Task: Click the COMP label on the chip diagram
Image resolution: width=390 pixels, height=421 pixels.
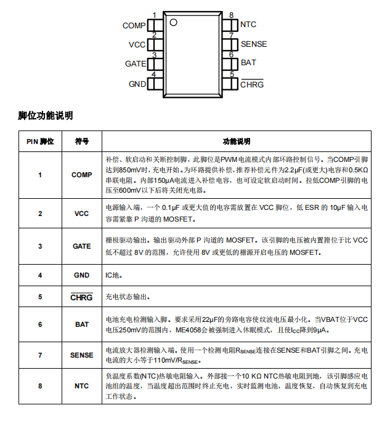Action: pyautogui.click(x=134, y=26)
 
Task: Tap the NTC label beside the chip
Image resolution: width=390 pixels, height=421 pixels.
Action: pyautogui.click(x=248, y=25)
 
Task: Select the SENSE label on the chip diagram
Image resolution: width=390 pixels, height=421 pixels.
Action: pyautogui.click(x=253, y=44)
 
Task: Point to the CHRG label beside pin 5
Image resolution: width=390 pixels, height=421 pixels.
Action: pyautogui.click(x=251, y=84)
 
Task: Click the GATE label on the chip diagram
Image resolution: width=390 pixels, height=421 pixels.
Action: pyautogui.click(x=136, y=64)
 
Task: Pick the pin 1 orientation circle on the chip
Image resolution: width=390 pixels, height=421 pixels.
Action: pyautogui.click(x=173, y=23)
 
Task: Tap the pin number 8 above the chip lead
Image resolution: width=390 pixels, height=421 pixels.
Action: pyautogui.click(x=231, y=15)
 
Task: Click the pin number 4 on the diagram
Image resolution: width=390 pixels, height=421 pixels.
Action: pyautogui.click(x=154, y=74)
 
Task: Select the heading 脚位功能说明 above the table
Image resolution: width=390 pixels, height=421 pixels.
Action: pyautogui.click(x=46, y=115)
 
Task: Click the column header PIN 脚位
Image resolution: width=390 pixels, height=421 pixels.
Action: pyautogui.click(x=40, y=141)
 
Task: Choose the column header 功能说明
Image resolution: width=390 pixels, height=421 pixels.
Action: pyautogui.click(x=237, y=141)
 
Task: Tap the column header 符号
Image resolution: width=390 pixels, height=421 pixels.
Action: pyautogui.click(x=82, y=141)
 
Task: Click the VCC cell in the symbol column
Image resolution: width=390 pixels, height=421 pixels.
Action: pyautogui.click(x=82, y=214)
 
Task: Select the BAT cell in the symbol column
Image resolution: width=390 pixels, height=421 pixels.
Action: pyautogui.click(x=82, y=324)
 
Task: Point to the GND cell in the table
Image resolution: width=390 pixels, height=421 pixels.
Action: pyautogui.click(x=82, y=275)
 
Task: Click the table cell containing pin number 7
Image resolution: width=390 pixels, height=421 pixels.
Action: pyautogui.click(x=40, y=355)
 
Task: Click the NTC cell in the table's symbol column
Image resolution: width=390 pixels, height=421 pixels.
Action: pyautogui.click(x=82, y=386)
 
